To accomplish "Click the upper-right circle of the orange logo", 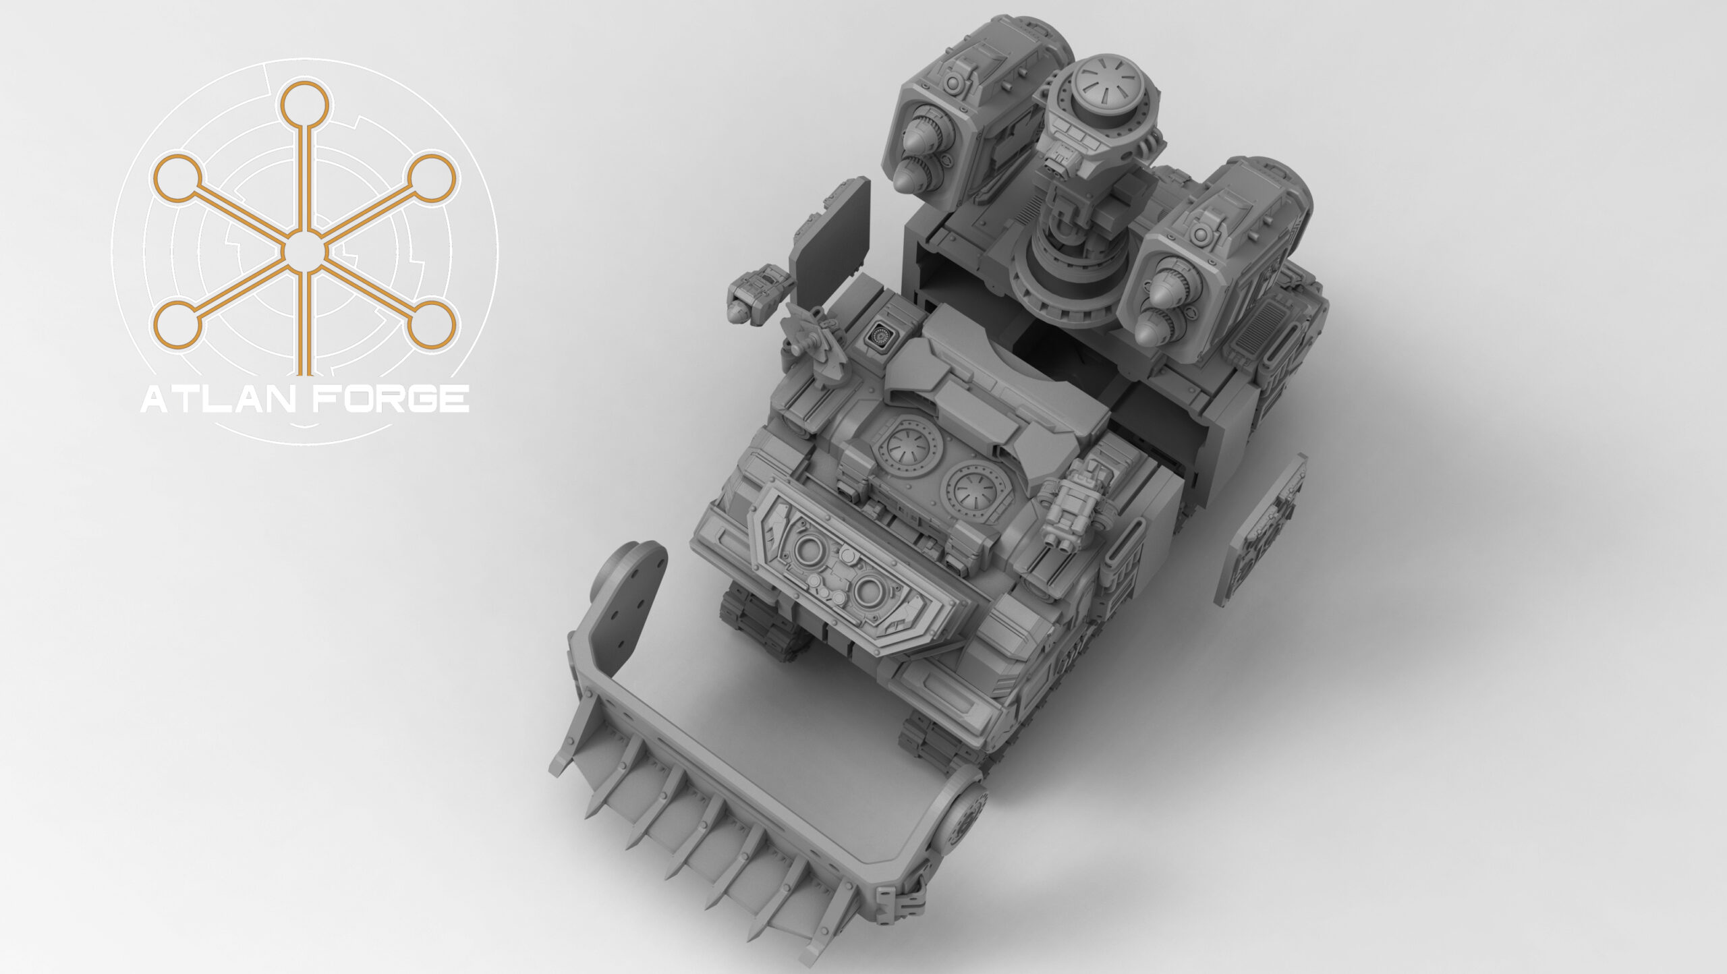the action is pyautogui.click(x=432, y=177).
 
